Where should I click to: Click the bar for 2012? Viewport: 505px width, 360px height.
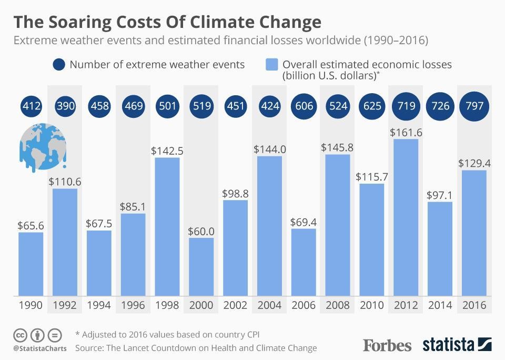[406, 217]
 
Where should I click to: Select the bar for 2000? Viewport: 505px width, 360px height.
[201, 266]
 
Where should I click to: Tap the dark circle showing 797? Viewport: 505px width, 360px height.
[474, 106]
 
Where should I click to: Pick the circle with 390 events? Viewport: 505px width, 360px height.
[65, 106]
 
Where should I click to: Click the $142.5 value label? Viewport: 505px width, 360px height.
[167, 151]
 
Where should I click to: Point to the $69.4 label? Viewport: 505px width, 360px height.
[304, 222]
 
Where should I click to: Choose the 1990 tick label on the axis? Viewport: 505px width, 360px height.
[31, 305]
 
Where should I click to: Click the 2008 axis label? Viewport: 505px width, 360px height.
[338, 305]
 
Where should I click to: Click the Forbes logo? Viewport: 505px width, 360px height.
[387, 345]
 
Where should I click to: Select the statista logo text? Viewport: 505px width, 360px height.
[448, 345]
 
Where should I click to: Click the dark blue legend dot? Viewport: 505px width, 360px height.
[58, 65]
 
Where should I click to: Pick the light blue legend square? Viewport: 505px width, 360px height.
[271, 65]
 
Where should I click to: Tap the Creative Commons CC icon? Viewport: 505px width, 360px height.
[20, 335]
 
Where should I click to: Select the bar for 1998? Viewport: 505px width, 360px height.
[167, 226]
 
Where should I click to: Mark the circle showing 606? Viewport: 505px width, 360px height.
[304, 106]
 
